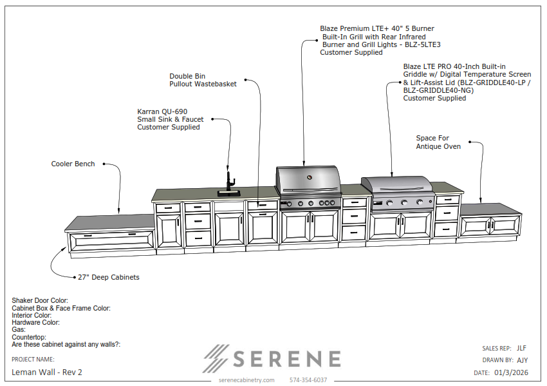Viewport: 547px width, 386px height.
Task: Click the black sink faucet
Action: pos(230,181)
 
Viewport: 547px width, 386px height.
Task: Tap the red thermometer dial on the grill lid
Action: pos(309,177)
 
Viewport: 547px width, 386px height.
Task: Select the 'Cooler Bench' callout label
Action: pos(73,164)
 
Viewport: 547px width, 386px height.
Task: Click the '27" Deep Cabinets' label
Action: pos(109,277)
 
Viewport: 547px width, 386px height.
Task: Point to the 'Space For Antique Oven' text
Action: pos(438,142)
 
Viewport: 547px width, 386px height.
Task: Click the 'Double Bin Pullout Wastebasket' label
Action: pos(203,80)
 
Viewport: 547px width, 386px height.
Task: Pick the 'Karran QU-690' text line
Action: pos(162,111)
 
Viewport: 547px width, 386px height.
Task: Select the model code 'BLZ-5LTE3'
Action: pos(422,44)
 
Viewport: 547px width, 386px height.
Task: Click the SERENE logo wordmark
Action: pos(287,359)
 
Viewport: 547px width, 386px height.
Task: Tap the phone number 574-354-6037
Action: pos(308,380)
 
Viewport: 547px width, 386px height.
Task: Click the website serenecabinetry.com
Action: pos(246,380)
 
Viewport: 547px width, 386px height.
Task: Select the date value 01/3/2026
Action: pos(511,372)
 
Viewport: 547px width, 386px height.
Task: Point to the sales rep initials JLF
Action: pos(521,348)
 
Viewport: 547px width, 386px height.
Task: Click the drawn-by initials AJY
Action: pos(523,360)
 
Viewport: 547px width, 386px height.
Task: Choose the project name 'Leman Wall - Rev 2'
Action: pos(47,372)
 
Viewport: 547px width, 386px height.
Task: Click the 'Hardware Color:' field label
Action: pos(35,322)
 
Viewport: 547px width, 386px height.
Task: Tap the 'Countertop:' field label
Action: pos(29,337)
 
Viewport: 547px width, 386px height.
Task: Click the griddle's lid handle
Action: pos(398,189)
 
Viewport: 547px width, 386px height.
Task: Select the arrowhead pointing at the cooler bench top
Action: pos(118,211)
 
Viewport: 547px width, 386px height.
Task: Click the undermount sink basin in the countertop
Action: pos(229,193)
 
